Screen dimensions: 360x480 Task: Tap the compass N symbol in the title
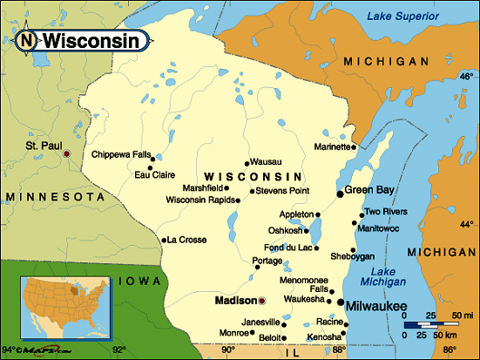(28, 40)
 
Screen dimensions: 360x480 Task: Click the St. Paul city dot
(66, 154)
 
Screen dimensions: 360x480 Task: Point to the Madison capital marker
(261, 301)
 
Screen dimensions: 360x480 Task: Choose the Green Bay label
(371, 190)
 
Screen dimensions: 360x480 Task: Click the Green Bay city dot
(340, 194)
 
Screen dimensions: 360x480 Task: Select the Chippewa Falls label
(119, 154)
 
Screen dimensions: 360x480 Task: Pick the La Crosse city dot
(163, 240)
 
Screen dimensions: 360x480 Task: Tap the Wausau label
(265, 161)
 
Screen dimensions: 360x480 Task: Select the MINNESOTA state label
(54, 197)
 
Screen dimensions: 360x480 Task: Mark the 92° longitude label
(118, 350)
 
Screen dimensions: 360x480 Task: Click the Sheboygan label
(352, 256)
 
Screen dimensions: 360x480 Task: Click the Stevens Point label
(281, 190)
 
